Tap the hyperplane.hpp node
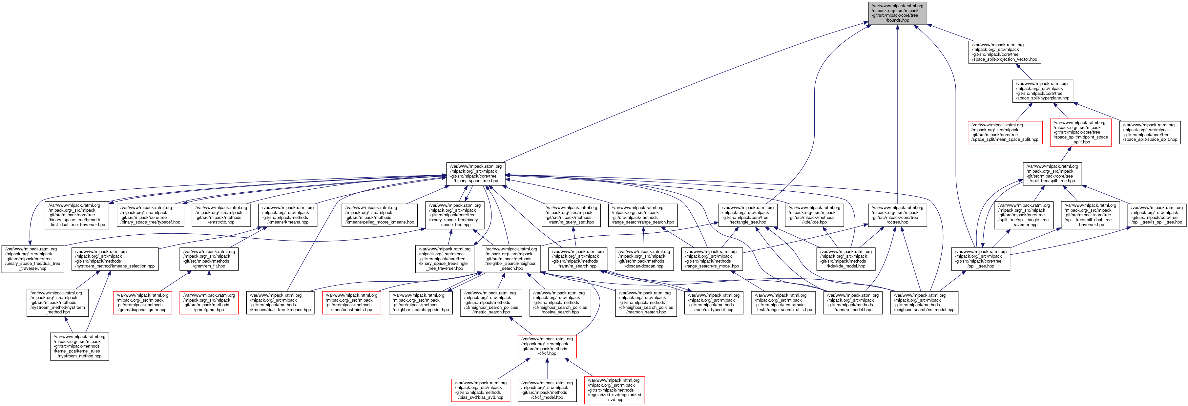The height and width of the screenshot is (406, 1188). point(1042,91)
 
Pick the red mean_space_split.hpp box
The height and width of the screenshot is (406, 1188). point(1005,132)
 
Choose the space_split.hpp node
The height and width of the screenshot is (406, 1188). point(1150,132)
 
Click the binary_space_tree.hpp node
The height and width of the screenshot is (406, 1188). point(475,174)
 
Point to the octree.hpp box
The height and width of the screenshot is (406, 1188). point(897,215)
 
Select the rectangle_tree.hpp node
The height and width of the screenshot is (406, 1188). point(748,215)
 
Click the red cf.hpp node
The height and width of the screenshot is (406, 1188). point(547,346)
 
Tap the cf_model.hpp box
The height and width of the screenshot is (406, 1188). point(547,390)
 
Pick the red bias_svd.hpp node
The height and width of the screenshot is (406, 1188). point(481,390)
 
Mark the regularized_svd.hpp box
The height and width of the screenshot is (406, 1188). point(614,390)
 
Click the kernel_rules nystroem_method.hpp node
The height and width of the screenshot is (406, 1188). point(79,346)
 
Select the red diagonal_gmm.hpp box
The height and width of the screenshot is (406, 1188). point(142,303)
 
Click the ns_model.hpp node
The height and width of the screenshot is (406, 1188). point(924,303)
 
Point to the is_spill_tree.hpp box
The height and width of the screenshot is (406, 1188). point(1157,215)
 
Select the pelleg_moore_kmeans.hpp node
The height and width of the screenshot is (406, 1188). point(380,215)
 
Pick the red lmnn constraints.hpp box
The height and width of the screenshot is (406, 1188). point(351,303)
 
